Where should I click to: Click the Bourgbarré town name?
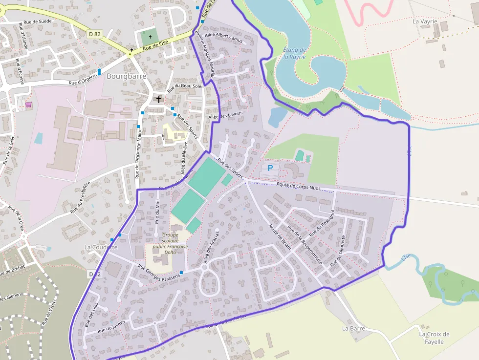[x=127, y=76]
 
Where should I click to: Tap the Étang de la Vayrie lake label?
[x=294, y=53]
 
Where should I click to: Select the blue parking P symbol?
[x=270, y=168]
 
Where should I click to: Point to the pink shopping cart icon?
[x=28, y=105]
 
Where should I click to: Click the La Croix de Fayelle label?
[x=434, y=338]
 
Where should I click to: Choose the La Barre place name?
[x=353, y=328]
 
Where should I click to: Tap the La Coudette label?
[x=101, y=247]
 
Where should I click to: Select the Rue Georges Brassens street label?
[x=159, y=273]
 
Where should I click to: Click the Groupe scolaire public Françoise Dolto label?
[x=170, y=243]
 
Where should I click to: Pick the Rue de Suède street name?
[x=35, y=21]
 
